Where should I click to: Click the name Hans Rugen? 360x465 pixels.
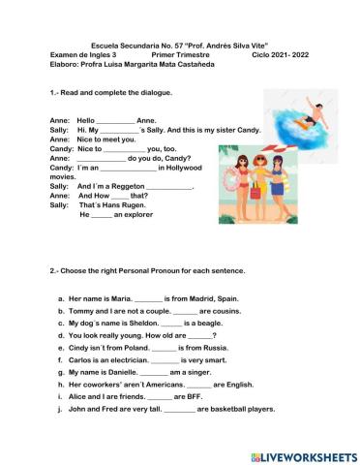coord(127,205)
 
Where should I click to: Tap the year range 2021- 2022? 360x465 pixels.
coord(274,55)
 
